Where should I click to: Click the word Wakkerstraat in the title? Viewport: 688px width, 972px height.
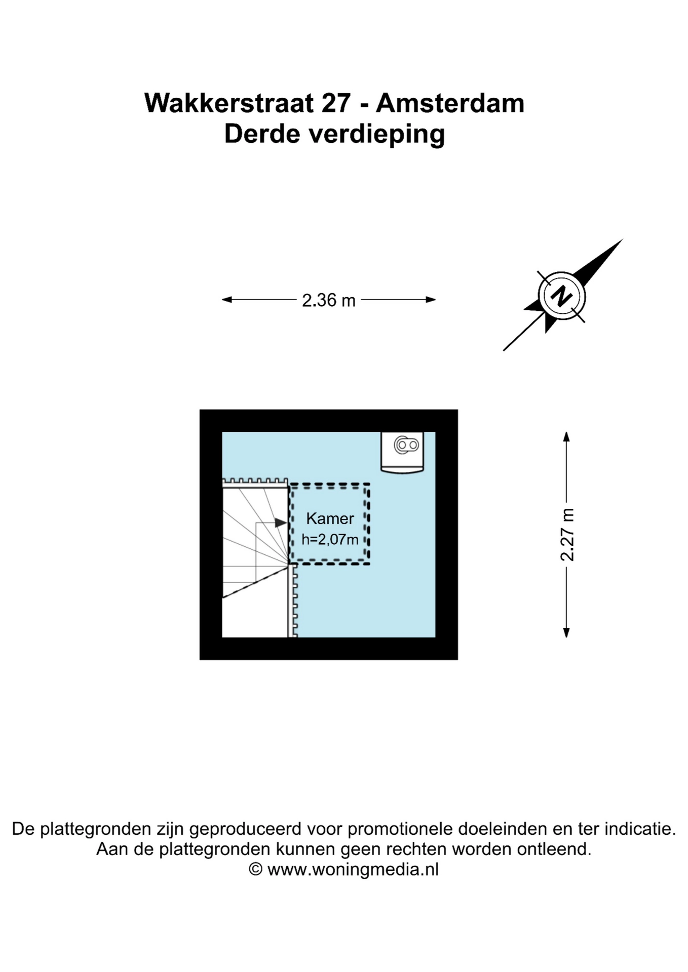click(229, 103)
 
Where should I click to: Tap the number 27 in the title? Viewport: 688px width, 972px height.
click(336, 103)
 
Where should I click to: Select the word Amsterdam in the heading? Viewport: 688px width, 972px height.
click(450, 103)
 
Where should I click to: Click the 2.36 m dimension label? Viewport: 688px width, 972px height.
click(328, 300)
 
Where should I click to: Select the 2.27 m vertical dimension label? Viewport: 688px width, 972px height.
click(567, 534)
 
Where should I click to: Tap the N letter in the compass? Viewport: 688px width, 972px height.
click(561, 296)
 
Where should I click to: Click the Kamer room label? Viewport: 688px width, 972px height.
click(330, 518)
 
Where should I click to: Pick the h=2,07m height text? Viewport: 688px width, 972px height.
click(330, 540)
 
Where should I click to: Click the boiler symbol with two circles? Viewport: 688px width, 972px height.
click(407, 445)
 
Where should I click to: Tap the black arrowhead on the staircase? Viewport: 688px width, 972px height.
click(281, 523)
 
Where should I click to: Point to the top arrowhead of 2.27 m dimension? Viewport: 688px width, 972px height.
click(566, 436)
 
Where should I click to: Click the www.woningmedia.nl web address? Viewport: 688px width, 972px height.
click(353, 869)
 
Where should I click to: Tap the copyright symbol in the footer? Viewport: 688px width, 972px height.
click(255, 869)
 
